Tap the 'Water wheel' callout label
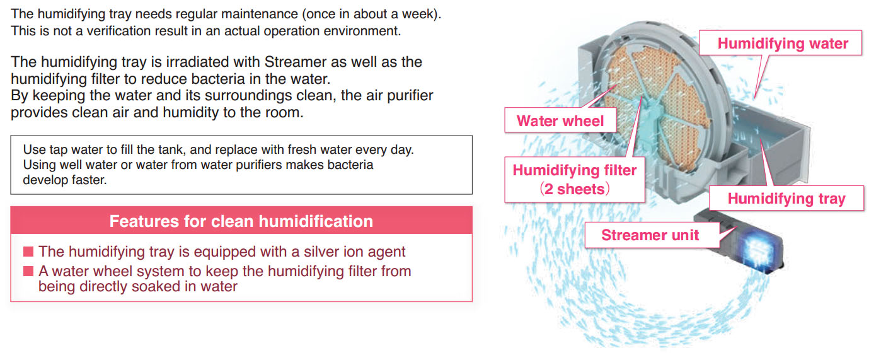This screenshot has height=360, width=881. (x=560, y=120)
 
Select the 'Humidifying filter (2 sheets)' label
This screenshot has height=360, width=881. (x=575, y=180)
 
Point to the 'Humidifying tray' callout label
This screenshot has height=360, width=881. (x=786, y=198)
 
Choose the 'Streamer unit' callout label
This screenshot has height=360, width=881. (x=650, y=235)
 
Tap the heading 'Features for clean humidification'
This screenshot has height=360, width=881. (x=241, y=221)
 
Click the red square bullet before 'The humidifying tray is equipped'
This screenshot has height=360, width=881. (x=28, y=252)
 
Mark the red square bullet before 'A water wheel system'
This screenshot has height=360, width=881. (x=28, y=271)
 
